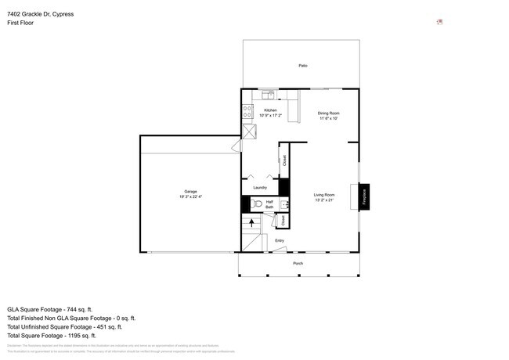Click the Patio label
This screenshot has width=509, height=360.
302,66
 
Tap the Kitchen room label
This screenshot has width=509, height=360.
270,110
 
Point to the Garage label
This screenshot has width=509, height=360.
190,191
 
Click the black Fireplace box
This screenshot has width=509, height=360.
364,196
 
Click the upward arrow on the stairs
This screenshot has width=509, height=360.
251,223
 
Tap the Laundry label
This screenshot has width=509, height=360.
260,187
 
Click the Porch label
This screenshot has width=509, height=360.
298,263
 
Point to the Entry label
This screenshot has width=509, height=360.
280,240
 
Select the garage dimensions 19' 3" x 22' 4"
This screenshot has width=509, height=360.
190,196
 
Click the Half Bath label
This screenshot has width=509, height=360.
269,203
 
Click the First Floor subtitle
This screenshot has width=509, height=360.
20,23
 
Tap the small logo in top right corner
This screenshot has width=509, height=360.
440,22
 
